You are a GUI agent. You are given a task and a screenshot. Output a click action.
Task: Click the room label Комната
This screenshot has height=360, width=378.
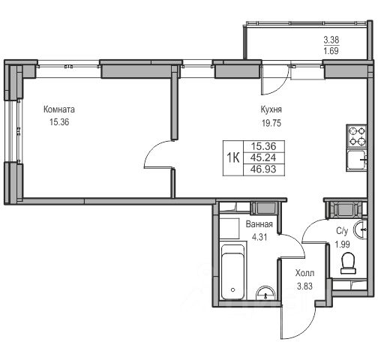click(59, 109)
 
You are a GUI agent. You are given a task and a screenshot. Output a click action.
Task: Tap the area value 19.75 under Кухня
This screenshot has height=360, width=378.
click(271, 123)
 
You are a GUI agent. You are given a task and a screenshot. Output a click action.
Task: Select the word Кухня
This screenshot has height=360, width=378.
click(271, 109)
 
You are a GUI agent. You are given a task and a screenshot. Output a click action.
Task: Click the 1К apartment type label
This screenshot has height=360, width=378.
click(233, 158)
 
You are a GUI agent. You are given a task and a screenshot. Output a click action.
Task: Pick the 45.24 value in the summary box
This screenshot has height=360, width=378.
click(263, 157)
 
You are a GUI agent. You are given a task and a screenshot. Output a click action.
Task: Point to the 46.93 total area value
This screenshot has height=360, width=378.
click(263, 169)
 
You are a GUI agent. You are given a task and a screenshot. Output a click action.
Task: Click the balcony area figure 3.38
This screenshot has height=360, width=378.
click(331, 40)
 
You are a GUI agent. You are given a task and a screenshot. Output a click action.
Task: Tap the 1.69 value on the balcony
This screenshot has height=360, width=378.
click(331, 51)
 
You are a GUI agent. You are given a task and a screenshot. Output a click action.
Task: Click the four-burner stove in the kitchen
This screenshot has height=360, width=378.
click(357, 136)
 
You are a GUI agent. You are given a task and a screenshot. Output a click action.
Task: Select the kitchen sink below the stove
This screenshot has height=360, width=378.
click(357, 160)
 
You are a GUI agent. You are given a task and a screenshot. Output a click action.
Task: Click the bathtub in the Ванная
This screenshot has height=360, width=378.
click(232, 272)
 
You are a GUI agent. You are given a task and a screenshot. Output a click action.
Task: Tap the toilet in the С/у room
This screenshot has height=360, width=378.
click(349, 263)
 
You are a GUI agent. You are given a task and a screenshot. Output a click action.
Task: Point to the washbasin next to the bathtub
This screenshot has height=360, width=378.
click(266, 293)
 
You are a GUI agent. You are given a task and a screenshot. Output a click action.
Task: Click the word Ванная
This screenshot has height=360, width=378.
click(259, 224)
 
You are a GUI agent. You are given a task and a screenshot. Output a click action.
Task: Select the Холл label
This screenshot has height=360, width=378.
click(304, 273)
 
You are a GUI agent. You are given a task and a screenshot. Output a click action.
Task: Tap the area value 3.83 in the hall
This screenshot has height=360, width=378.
click(304, 286)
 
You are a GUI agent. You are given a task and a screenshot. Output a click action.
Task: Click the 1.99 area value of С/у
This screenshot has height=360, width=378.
click(342, 244)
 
